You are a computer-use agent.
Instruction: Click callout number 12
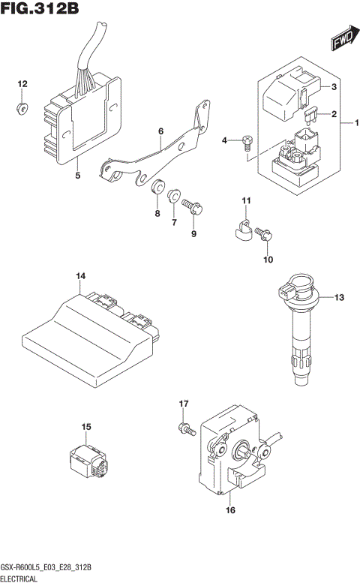coord(22,83)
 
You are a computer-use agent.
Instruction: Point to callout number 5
coord(77,176)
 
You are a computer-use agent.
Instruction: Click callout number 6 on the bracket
coord(160,131)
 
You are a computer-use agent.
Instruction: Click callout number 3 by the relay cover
coord(334,88)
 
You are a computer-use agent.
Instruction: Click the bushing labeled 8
coord(158,188)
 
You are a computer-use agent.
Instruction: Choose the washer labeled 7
coord(174,196)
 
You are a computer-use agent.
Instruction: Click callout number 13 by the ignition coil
coord(339,298)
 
